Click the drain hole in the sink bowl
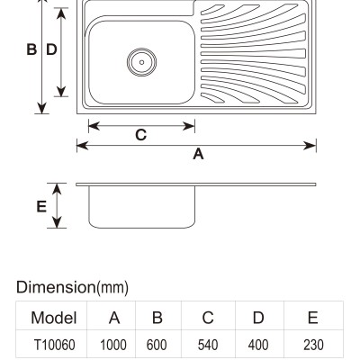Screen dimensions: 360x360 (141, 62)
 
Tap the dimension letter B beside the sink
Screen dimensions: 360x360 (31, 49)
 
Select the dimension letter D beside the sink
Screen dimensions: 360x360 (51, 49)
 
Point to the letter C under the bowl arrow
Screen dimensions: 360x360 (140, 135)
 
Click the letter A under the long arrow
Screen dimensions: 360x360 (198, 154)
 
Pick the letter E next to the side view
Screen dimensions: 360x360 (41, 207)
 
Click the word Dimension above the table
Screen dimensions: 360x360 (56, 287)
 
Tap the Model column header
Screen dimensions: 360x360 (54, 318)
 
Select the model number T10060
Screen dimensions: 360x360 (55, 345)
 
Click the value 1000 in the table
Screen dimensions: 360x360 (113, 345)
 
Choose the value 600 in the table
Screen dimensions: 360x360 (157, 345)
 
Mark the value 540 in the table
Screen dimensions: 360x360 (208, 345)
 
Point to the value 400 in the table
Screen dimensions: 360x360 (258, 345)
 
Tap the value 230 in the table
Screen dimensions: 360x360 (313, 345)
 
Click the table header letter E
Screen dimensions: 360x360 (313, 318)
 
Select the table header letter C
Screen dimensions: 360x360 (208, 318)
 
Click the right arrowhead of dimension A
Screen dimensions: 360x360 (310, 146)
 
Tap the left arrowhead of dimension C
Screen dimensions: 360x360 (94, 126)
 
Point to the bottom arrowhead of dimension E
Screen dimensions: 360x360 (57, 221)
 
